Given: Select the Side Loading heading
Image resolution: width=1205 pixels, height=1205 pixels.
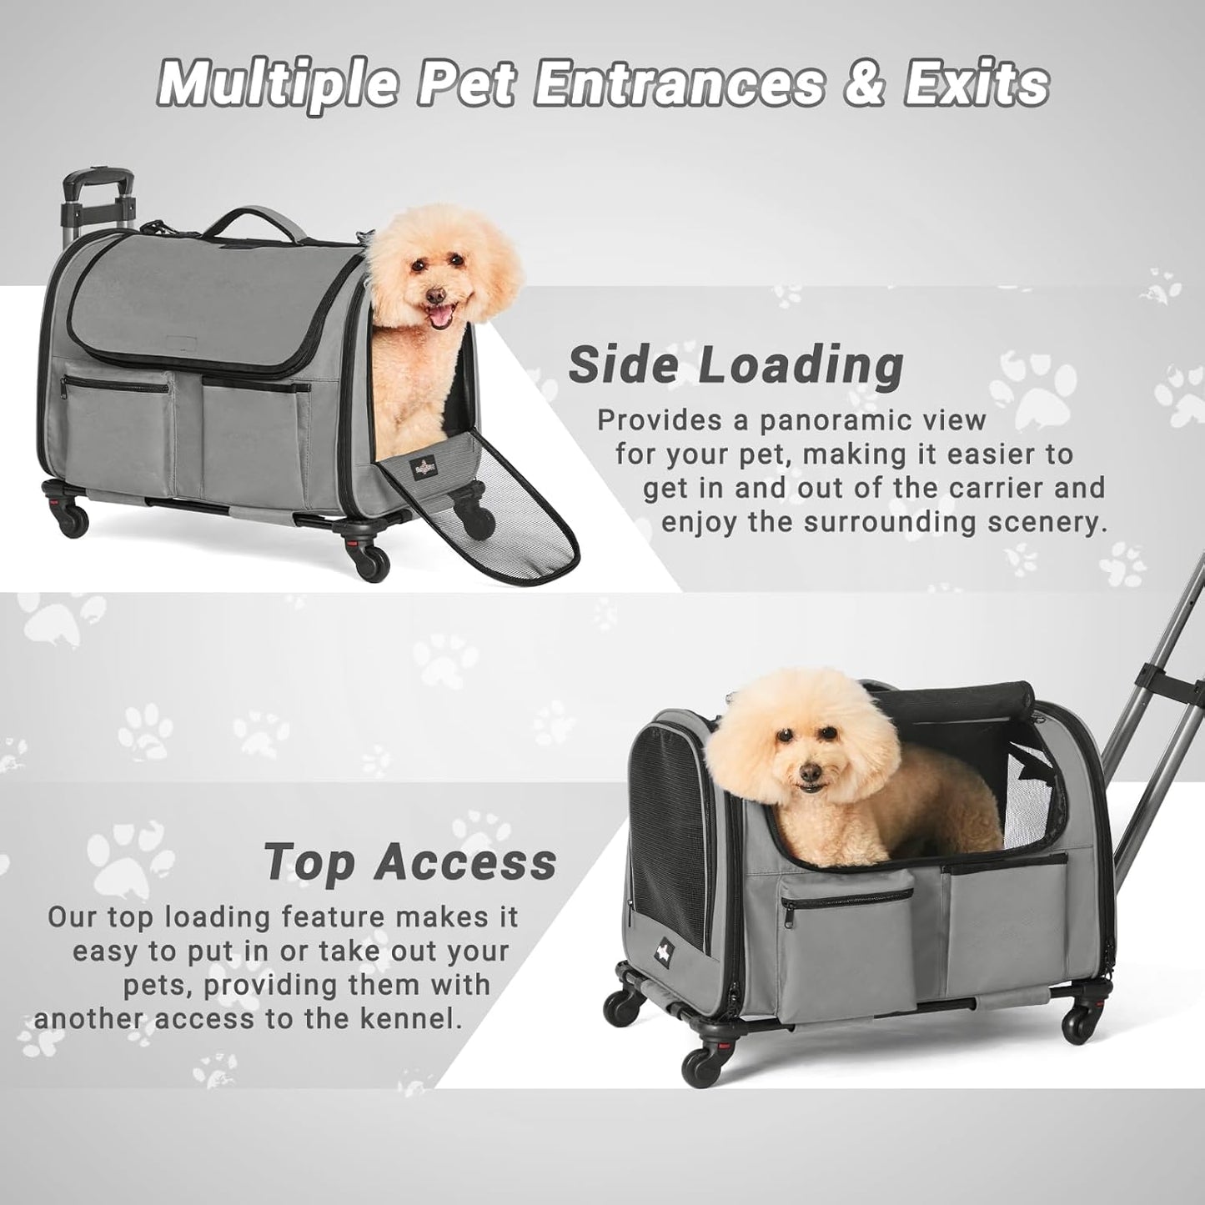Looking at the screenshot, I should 736,364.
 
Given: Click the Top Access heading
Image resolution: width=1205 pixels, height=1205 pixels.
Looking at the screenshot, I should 409,861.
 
